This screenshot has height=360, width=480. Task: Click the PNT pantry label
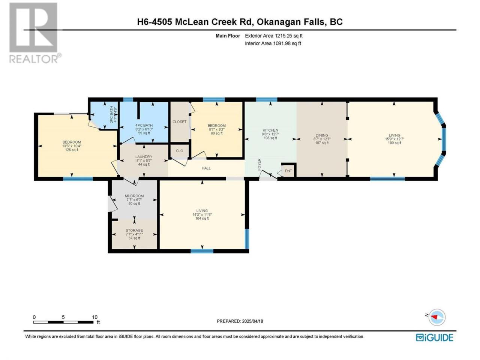click(x=288, y=171)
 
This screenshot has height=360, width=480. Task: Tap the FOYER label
click(x=259, y=164)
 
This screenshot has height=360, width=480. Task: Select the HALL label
click(x=206, y=168)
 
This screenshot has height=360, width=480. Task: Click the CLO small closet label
click(x=179, y=151)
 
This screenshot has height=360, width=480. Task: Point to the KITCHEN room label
click(x=270, y=130)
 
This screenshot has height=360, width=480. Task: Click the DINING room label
click(x=322, y=135)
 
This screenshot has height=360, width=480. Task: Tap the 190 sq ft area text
click(x=394, y=143)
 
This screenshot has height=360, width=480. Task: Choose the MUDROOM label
click(x=134, y=196)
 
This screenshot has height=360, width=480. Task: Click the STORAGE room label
click(x=134, y=230)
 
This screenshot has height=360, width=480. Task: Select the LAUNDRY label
click(x=144, y=157)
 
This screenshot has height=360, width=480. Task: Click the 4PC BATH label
click(x=144, y=126)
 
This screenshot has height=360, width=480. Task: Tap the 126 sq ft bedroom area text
click(x=72, y=150)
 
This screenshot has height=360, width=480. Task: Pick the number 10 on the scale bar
click(x=94, y=317)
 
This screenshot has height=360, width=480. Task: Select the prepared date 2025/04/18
click(x=252, y=321)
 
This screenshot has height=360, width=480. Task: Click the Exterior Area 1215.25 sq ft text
click(x=274, y=36)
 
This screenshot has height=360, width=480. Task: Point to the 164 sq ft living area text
click(x=202, y=218)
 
